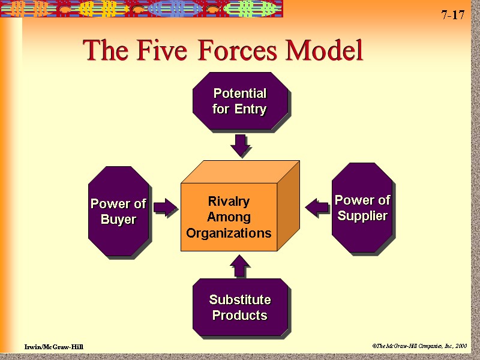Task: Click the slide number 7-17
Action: [453, 16]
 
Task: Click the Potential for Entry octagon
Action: [240, 101]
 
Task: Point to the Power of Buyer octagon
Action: [118, 211]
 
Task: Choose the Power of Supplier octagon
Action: [362, 208]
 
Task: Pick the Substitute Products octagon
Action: [240, 307]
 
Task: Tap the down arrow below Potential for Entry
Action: [241, 146]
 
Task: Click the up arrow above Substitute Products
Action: [240, 265]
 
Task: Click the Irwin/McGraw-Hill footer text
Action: [54, 347]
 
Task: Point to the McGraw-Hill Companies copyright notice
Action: [419, 346]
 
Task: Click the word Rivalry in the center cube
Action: [229, 201]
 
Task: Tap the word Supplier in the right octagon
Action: [362, 215]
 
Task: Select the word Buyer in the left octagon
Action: [118, 220]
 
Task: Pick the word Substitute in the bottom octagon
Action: [240, 299]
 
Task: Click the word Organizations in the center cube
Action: [229, 233]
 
